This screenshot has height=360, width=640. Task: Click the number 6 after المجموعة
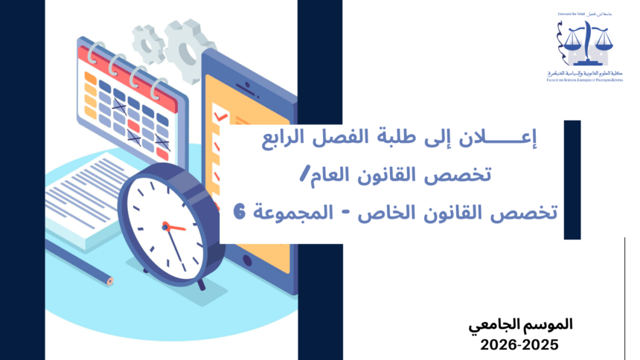[x=238, y=213]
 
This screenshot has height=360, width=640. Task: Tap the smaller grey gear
[x=149, y=42]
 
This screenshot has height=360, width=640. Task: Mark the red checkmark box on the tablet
[x=218, y=117]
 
